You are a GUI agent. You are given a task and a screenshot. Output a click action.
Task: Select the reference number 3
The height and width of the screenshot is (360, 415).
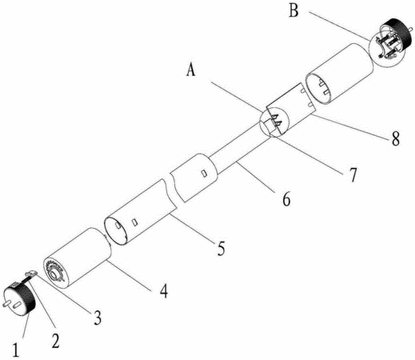[x=98, y=318]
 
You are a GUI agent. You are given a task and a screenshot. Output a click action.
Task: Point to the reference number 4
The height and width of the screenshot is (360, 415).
[x=164, y=290]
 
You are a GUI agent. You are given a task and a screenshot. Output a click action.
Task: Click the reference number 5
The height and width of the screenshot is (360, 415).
[x=221, y=248]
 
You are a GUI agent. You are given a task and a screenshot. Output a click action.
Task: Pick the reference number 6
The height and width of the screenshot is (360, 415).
[x=286, y=199]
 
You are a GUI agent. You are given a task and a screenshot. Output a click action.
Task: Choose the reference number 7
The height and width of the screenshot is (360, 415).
[x=353, y=174]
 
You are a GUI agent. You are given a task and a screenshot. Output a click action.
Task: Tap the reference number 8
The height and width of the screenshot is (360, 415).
[x=396, y=138]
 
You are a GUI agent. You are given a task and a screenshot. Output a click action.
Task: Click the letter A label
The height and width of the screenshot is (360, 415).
[x=190, y=70]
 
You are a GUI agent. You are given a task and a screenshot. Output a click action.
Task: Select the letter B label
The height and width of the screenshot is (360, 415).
[x=293, y=11]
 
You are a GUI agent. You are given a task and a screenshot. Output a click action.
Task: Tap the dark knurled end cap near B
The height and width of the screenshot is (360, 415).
[x=397, y=33]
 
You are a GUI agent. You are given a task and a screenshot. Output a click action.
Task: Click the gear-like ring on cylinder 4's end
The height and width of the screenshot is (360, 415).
[x=55, y=271]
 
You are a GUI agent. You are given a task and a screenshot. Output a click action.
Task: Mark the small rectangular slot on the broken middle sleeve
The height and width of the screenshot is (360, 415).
[x=205, y=174]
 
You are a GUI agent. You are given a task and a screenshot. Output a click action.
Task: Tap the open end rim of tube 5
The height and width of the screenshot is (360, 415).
[x=117, y=230]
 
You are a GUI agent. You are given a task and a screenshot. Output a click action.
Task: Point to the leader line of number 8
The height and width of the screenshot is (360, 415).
[x=350, y=127]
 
